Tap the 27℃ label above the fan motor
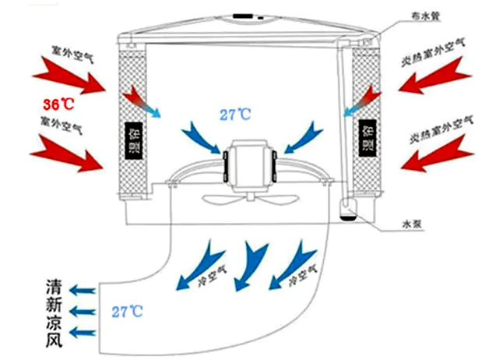pos(237,115)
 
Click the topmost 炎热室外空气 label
pos(438,47)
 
